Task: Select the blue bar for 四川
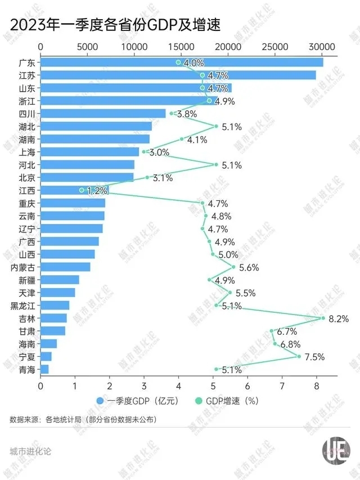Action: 103,114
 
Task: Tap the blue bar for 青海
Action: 44,370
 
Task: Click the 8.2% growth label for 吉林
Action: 339,318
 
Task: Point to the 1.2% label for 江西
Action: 96,190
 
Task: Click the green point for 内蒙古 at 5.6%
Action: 233,267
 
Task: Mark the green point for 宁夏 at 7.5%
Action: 299,357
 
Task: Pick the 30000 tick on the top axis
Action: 322,47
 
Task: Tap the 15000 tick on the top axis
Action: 181,47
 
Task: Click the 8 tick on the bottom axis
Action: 317,387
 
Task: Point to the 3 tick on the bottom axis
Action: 144,387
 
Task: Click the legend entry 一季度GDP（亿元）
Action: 134,401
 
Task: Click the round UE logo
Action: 336,450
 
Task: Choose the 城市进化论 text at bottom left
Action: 30,451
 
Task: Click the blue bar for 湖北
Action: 96,127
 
